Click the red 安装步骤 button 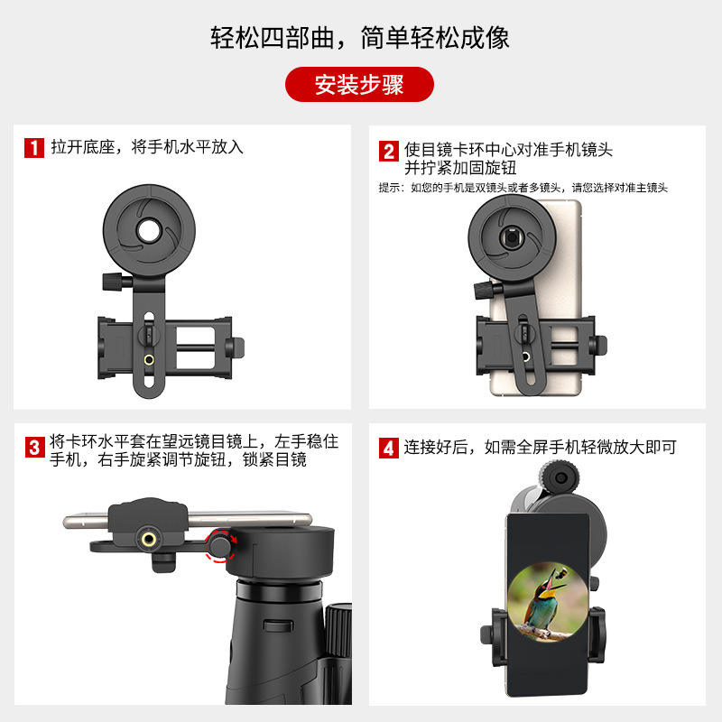coord(359,84)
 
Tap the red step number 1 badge coord(34,148)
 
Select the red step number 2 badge coord(389,151)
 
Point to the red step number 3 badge coord(34,448)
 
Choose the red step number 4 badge coord(389,448)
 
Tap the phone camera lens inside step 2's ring coord(512,236)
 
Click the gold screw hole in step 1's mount coord(149,359)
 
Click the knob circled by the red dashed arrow coord(219,546)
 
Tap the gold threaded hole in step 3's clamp coord(148,539)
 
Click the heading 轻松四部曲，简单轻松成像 coord(359,38)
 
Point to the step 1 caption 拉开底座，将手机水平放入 coord(147,147)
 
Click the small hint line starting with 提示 coord(523,188)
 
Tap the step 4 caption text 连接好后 coord(436,447)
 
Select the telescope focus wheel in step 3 coord(339,631)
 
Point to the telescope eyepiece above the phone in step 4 coord(559,478)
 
